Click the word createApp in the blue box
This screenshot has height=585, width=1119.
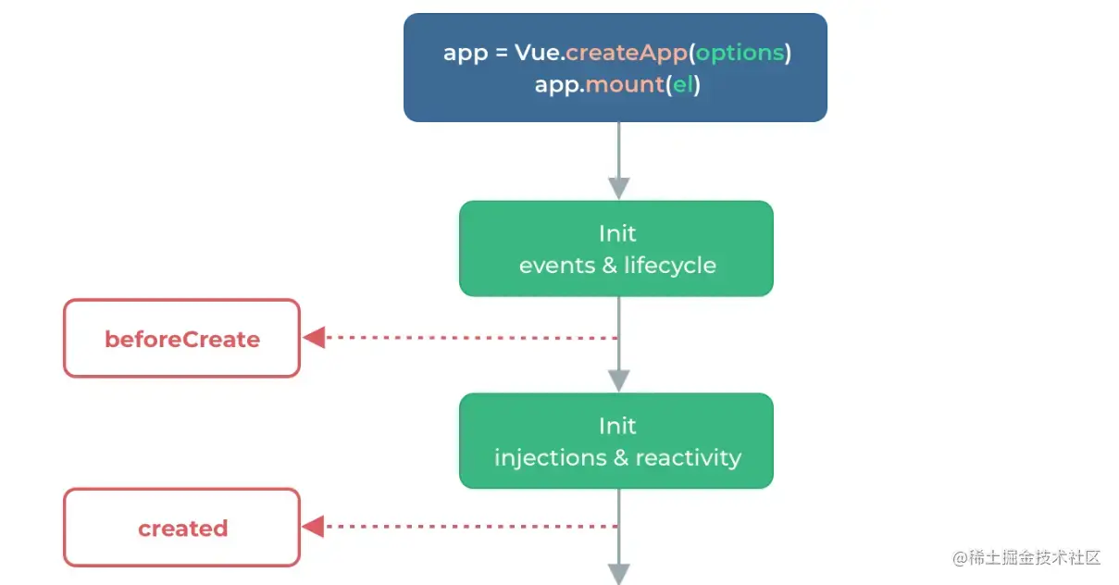(627, 53)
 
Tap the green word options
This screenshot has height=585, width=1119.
(740, 54)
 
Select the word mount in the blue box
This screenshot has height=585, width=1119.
(625, 85)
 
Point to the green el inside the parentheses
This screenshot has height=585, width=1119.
(683, 84)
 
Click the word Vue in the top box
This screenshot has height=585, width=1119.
(537, 53)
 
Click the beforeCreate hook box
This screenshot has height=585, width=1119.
(181, 338)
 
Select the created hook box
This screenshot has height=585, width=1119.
(181, 528)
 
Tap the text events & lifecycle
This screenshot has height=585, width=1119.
(617, 266)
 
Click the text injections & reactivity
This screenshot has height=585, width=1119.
(618, 458)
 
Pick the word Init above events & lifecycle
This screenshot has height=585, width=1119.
(617, 234)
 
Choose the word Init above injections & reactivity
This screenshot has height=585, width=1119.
(617, 426)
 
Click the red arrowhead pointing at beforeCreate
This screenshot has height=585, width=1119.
(314, 338)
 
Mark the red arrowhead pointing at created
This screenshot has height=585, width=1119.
(313, 527)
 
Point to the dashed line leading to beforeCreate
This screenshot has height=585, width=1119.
(472, 338)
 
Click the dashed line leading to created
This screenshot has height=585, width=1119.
(471, 527)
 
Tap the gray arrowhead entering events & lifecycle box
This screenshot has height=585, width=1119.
(619, 188)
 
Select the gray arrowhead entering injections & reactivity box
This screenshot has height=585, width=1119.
(619, 380)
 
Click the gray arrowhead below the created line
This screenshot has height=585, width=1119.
(619, 574)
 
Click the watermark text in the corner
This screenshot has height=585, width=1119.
(1026, 557)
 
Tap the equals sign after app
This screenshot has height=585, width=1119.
(502, 53)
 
